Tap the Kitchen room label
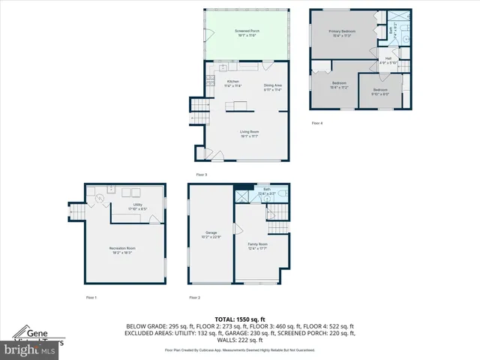[223, 82]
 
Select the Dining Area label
[273, 88]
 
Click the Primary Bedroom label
[341, 33]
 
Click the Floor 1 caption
[91, 298]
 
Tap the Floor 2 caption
[194, 298]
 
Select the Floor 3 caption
[201, 175]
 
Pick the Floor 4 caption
[317, 123]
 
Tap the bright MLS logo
[30, 349]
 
